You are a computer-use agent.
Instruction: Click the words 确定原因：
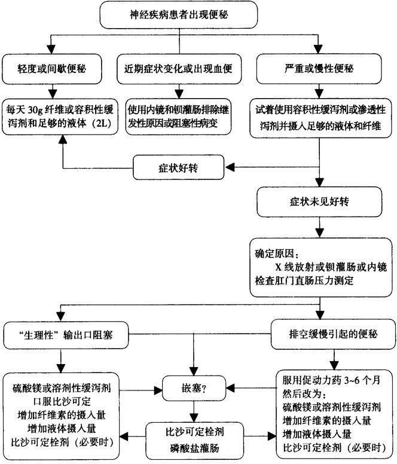[x=279, y=251]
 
